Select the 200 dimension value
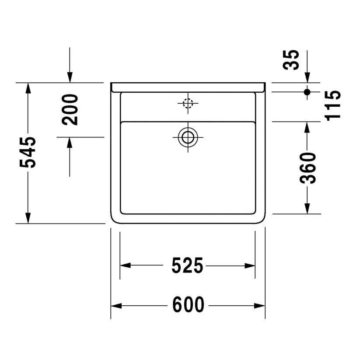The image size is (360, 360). (70, 109)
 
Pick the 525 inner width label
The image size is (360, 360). (187, 266)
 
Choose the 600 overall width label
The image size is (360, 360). (188, 305)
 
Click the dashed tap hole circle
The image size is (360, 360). (188, 104)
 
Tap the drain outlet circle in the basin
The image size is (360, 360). (188, 137)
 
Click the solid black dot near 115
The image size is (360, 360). (307, 92)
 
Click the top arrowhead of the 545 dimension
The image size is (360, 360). (28, 88)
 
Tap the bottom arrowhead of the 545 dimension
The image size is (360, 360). (28, 218)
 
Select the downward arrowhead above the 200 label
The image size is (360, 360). (70, 77)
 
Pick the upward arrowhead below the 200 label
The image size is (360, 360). (70, 143)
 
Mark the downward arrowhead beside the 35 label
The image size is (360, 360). (307, 77)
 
